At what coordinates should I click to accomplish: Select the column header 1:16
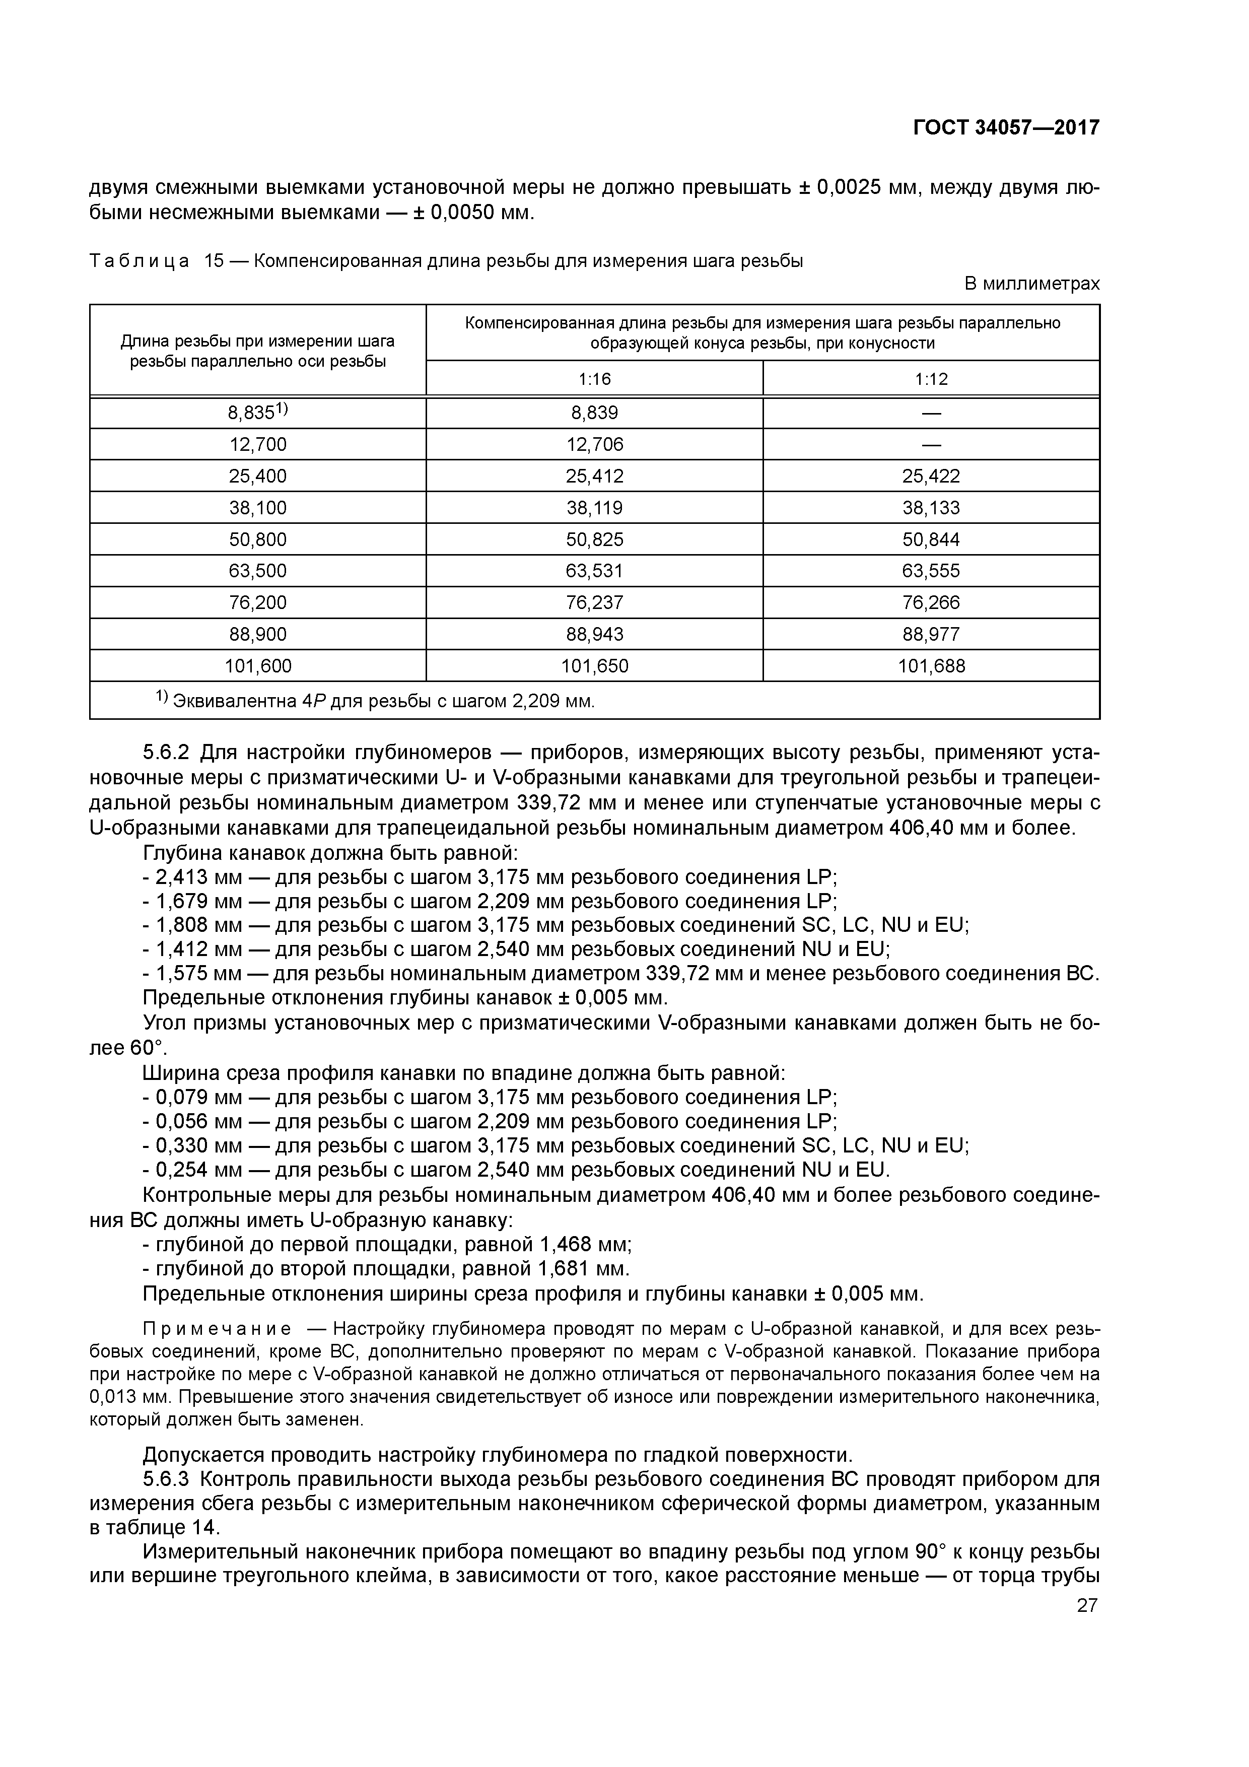click(594, 379)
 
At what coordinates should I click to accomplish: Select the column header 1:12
click(931, 379)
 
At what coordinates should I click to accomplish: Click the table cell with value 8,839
click(594, 413)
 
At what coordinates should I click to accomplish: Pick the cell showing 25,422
click(931, 477)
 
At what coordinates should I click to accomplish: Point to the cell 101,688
click(931, 666)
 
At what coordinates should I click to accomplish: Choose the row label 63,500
click(258, 571)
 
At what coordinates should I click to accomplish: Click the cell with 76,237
click(594, 602)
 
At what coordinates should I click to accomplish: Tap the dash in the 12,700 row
click(931, 445)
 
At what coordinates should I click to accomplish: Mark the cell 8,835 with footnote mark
click(258, 413)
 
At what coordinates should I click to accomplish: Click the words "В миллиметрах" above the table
click(1032, 284)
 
